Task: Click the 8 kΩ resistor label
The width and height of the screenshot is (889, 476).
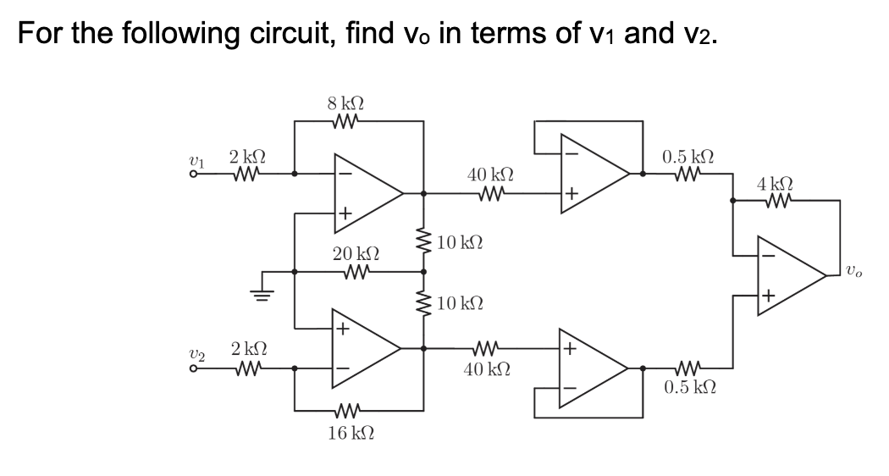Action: pos(345,106)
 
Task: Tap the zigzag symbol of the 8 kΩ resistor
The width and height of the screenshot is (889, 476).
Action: pos(346,122)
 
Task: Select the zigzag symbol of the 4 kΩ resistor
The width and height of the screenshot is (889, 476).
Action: pos(776,202)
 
